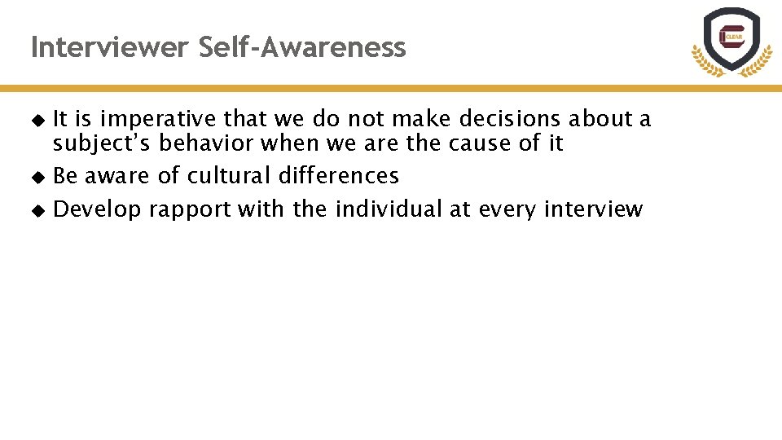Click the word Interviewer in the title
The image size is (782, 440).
[x=110, y=48]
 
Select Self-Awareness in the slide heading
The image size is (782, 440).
[x=302, y=48]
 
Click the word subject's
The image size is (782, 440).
[x=102, y=144]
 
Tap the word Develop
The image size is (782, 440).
[x=97, y=210]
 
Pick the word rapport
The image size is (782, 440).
[x=190, y=210]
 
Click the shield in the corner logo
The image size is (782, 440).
[x=731, y=37]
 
